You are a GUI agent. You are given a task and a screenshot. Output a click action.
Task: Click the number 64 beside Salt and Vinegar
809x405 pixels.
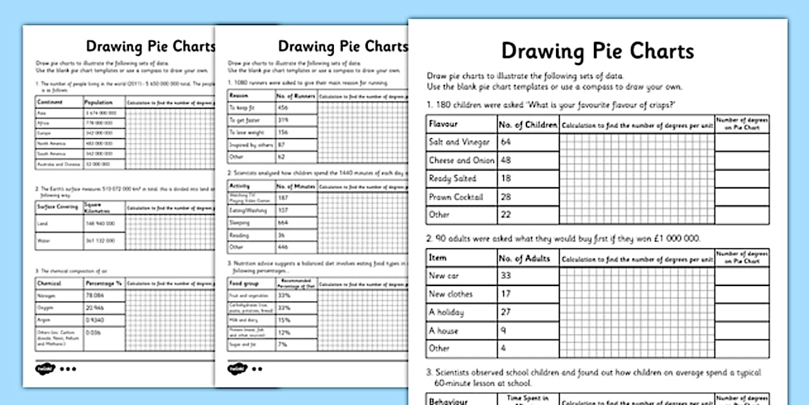coord(506,142)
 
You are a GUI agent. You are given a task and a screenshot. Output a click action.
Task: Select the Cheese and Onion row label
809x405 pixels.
coord(461,161)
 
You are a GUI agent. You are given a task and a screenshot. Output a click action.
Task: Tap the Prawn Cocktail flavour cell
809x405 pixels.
coord(455,197)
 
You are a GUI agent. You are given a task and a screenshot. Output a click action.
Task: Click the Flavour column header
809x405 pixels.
coord(443,124)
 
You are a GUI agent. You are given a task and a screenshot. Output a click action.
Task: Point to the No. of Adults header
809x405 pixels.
coord(525,258)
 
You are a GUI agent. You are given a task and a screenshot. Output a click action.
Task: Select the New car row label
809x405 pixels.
coord(444,276)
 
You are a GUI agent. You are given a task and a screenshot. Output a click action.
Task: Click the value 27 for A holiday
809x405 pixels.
coord(506,312)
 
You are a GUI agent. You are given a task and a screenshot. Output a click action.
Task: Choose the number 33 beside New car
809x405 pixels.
coord(506,276)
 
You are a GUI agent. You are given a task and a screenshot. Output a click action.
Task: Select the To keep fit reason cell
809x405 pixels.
coord(242,108)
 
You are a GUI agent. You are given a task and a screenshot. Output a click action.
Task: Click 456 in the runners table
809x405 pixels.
coord(283,108)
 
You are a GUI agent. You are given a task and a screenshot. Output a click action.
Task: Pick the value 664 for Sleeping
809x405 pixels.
coord(283,222)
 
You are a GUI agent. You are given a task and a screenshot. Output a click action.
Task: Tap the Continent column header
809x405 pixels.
coord(51,102)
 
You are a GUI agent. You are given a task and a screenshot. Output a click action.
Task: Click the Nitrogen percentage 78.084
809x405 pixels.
coord(95,296)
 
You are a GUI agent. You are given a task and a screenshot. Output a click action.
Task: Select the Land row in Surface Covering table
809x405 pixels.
coord(42,223)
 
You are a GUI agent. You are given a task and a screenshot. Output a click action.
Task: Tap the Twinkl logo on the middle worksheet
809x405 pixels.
coord(237,369)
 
